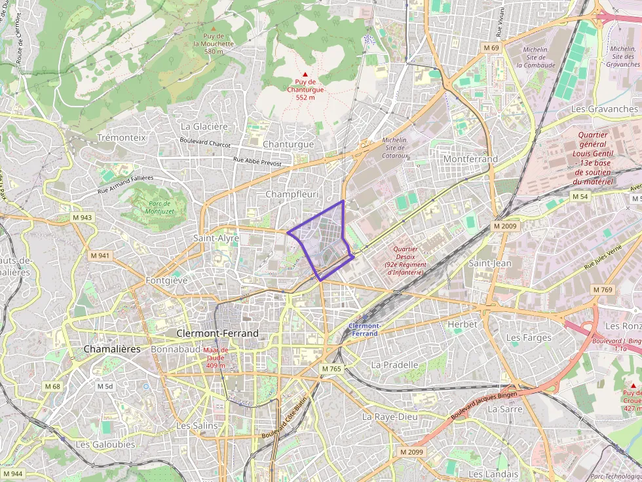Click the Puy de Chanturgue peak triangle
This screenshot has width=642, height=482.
(x=305, y=75)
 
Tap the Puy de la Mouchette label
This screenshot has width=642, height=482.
(x=214, y=43)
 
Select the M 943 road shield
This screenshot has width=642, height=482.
(x=82, y=216)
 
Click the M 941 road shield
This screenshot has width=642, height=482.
(x=100, y=255)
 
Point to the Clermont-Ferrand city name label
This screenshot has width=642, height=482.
(x=217, y=334)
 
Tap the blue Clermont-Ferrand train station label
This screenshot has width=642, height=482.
(x=364, y=330)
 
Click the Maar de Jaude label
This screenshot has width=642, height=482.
(x=216, y=357)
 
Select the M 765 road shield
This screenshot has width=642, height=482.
(x=331, y=369)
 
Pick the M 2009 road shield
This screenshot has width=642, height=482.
(x=505, y=226)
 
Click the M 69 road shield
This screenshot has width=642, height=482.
(x=491, y=48)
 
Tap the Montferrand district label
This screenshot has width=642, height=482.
(x=470, y=159)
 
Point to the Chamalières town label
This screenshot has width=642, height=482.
(x=112, y=349)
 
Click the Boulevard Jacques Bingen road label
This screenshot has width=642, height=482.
(x=484, y=405)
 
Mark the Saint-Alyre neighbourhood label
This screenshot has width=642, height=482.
(x=216, y=239)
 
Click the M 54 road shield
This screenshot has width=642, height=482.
(x=580, y=196)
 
